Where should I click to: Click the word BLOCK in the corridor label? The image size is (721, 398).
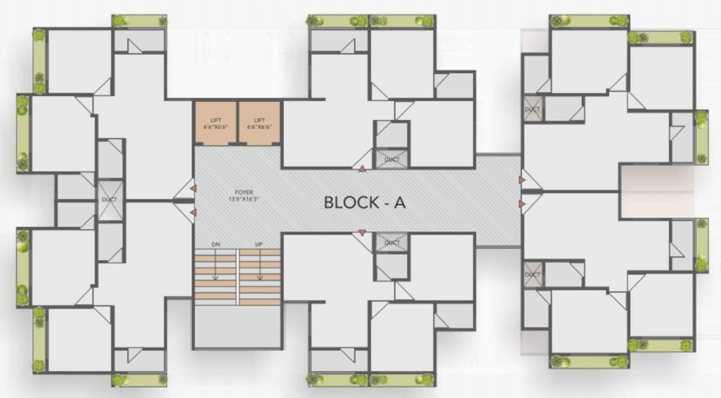click(x=351, y=203)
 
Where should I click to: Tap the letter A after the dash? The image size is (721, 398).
click(x=399, y=203)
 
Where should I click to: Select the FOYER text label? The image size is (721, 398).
click(x=244, y=192)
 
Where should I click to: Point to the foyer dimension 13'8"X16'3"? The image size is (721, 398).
click(x=244, y=198)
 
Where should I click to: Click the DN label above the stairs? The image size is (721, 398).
click(x=216, y=244)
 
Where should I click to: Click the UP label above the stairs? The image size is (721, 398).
click(x=259, y=244)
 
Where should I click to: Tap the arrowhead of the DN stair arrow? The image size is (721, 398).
click(x=216, y=278)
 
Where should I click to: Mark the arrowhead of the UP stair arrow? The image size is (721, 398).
click(x=260, y=278)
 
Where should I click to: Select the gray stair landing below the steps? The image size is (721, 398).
click(x=237, y=326)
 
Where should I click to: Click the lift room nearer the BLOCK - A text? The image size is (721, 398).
click(x=259, y=123)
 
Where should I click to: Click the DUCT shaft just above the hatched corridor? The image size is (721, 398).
click(x=392, y=159)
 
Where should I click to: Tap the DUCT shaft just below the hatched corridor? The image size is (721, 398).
click(x=392, y=243)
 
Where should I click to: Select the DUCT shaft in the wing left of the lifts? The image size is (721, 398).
click(x=110, y=200)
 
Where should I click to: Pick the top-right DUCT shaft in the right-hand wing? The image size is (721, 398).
click(x=533, y=109)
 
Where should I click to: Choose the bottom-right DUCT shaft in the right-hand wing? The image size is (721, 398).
click(x=533, y=275)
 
